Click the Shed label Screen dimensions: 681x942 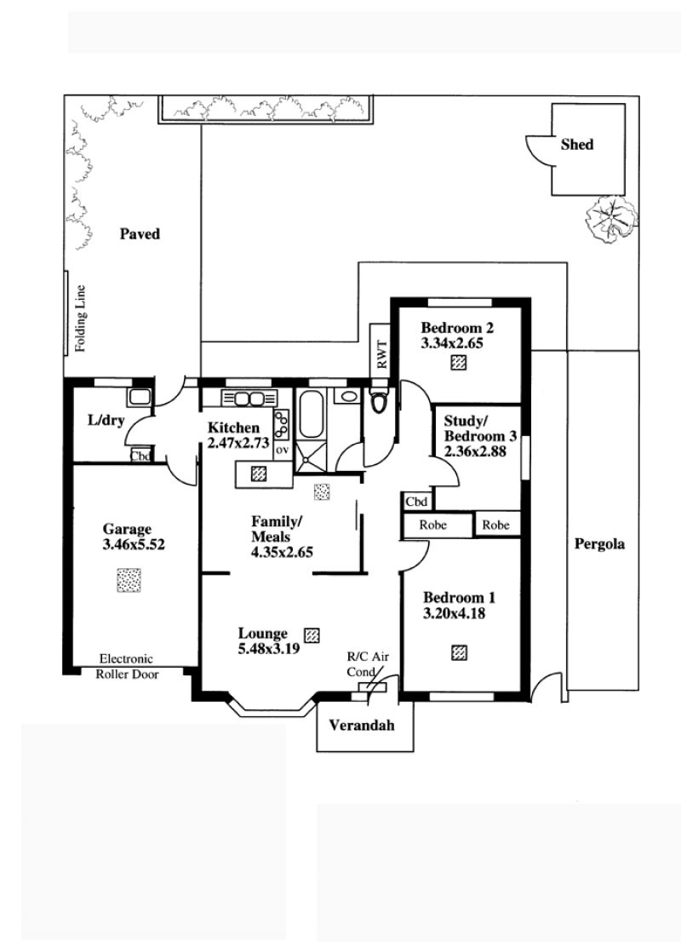[576, 144]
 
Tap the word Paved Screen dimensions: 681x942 [140, 233]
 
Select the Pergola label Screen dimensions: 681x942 [599, 544]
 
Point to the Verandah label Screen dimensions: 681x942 [362, 725]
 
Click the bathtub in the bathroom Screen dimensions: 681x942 [312, 415]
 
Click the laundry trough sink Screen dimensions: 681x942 [140, 397]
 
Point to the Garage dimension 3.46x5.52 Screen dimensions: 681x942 [134, 545]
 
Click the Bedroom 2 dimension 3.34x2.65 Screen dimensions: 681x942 [452, 343]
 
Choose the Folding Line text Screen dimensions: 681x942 [81, 318]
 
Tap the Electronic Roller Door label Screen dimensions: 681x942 [127, 666]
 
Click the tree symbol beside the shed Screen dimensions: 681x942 [611, 221]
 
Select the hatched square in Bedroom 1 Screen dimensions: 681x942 [460, 652]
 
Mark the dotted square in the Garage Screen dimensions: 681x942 [129, 580]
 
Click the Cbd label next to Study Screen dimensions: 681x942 [416, 502]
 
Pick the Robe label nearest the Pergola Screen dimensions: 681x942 [495, 525]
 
